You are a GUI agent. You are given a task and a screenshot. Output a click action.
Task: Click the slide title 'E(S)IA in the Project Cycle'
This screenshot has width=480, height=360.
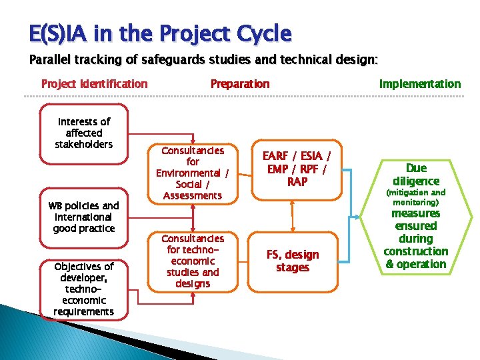pos(160,33)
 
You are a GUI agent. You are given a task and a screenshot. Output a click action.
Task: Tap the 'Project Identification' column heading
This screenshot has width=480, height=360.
pos(94,84)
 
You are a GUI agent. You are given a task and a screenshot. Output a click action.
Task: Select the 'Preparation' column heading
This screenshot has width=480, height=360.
pos(240,84)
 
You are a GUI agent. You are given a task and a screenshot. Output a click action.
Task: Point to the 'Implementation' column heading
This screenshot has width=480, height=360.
pos(419,84)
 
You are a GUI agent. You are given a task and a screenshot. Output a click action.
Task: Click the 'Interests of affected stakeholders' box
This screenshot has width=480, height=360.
pos(84,133)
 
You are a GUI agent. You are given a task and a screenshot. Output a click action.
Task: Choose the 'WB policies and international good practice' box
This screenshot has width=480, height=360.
pos(84,217)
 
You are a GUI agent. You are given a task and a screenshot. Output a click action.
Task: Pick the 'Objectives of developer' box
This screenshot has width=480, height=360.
pos(84,289)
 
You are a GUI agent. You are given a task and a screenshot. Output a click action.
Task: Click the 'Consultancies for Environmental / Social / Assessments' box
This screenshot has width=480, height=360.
pos(193,173)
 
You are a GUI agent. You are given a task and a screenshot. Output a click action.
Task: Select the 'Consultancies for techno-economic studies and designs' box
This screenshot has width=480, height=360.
pos(193,261)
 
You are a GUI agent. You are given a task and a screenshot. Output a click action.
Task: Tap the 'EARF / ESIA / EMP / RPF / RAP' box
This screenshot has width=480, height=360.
pos(297,169)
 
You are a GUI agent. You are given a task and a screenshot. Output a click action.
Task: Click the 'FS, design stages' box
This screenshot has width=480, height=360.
pos(293,261)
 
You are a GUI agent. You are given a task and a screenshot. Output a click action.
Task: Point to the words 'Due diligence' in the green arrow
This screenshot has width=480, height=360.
pos(416,175)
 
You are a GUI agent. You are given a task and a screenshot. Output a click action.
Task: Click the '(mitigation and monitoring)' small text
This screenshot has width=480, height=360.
pos(416,197)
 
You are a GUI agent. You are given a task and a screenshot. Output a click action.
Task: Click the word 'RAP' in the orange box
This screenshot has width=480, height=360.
pos(297,181)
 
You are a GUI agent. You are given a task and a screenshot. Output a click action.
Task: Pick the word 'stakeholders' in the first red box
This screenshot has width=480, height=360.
pos(84,145)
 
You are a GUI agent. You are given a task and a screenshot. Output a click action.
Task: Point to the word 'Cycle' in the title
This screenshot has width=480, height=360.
pos(267,33)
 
